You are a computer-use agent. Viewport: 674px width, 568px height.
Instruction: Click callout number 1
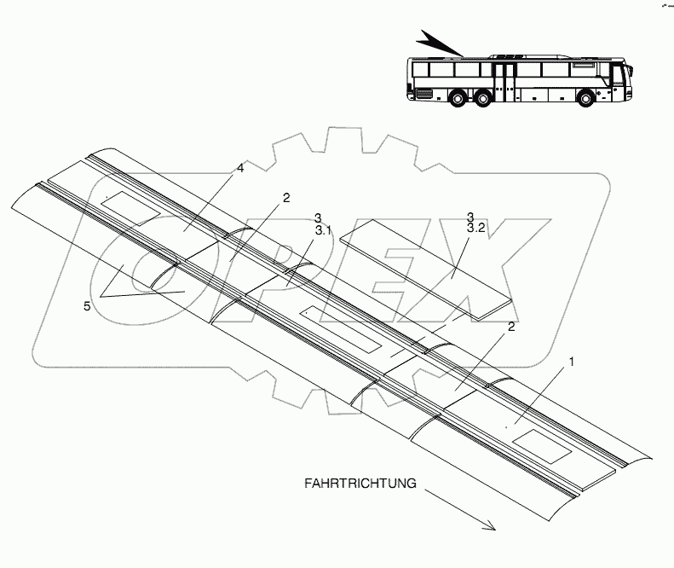(x=572, y=362)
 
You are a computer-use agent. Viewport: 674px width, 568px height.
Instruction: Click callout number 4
(x=240, y=169)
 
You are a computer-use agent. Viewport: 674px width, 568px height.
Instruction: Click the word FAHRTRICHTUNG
(x=360, y=483)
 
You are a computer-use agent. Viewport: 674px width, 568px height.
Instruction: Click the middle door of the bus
(x=506, y=81)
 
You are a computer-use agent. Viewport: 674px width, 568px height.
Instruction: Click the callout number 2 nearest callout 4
(x=286, y=198)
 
